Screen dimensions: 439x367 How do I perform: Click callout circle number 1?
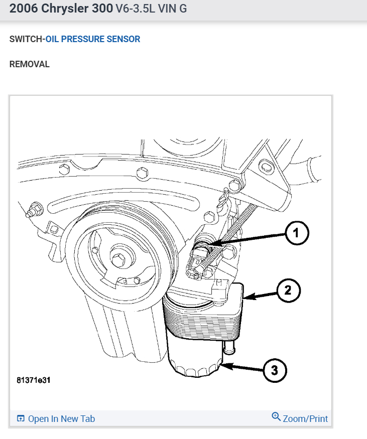click(296, 233)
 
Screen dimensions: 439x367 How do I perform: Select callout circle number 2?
click(288, 290)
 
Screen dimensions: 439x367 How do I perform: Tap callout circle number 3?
click(275, 371)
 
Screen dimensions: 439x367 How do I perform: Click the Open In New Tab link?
click(61, 419)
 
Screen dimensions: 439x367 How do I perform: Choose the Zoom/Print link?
click(305, 419)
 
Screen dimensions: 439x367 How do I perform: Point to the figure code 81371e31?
click(34, 380)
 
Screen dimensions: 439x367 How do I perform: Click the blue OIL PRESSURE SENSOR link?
click(93, 39)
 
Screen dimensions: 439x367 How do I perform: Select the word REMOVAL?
click(30, 65)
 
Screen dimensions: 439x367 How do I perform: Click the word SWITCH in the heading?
click(26, 39)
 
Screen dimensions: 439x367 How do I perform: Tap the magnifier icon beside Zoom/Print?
click(276, 416)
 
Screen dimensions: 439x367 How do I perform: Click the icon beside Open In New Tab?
click(21, 419)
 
